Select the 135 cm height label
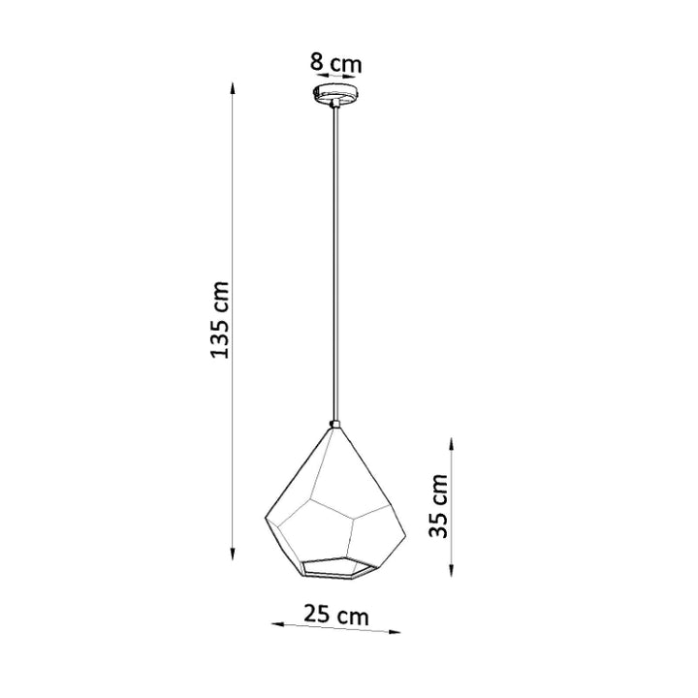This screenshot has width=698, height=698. [221, 320]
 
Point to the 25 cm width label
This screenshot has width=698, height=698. [334, 614]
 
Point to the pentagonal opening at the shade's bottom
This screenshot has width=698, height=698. [333, 566]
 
